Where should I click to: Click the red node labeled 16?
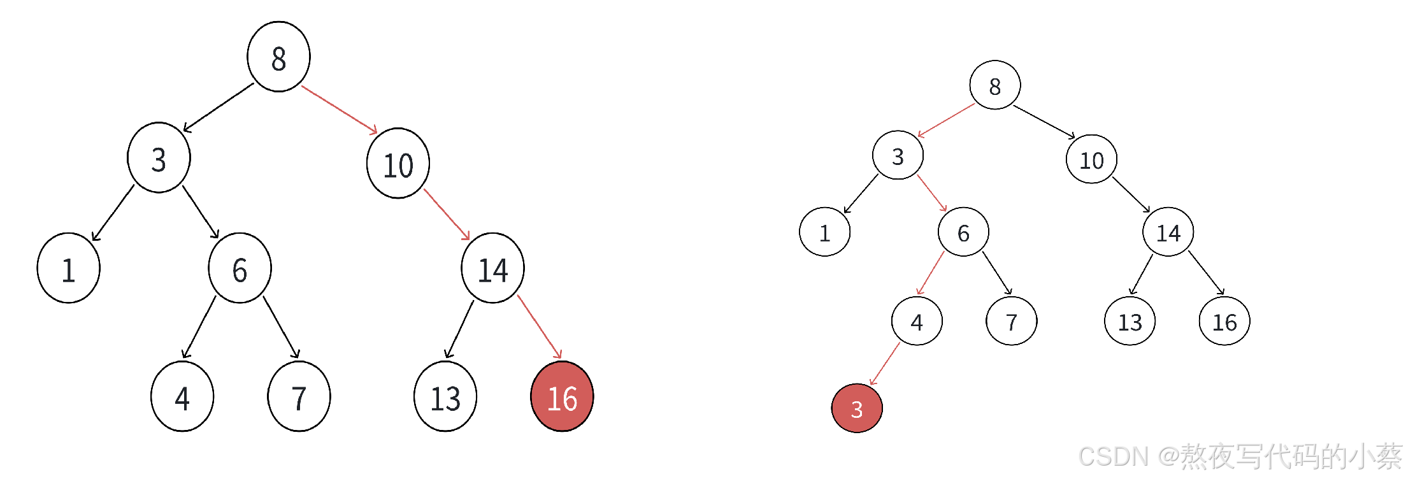point(562,397)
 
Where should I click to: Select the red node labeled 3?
point(857,408)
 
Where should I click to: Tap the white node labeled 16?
point(1224,322)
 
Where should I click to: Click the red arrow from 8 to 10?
point(339,110)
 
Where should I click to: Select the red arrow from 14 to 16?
point(540,327)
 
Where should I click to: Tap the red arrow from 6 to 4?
point(931,273)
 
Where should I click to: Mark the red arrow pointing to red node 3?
point(885,364)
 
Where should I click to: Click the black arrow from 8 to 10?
point(1044,122)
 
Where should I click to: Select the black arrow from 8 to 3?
point(219,108)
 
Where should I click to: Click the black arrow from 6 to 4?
point(199,327)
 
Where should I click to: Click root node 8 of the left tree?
point(278,57)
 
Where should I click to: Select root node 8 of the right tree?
point(994,85)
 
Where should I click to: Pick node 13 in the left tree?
point(445,397)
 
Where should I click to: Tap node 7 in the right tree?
point(1011,322)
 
